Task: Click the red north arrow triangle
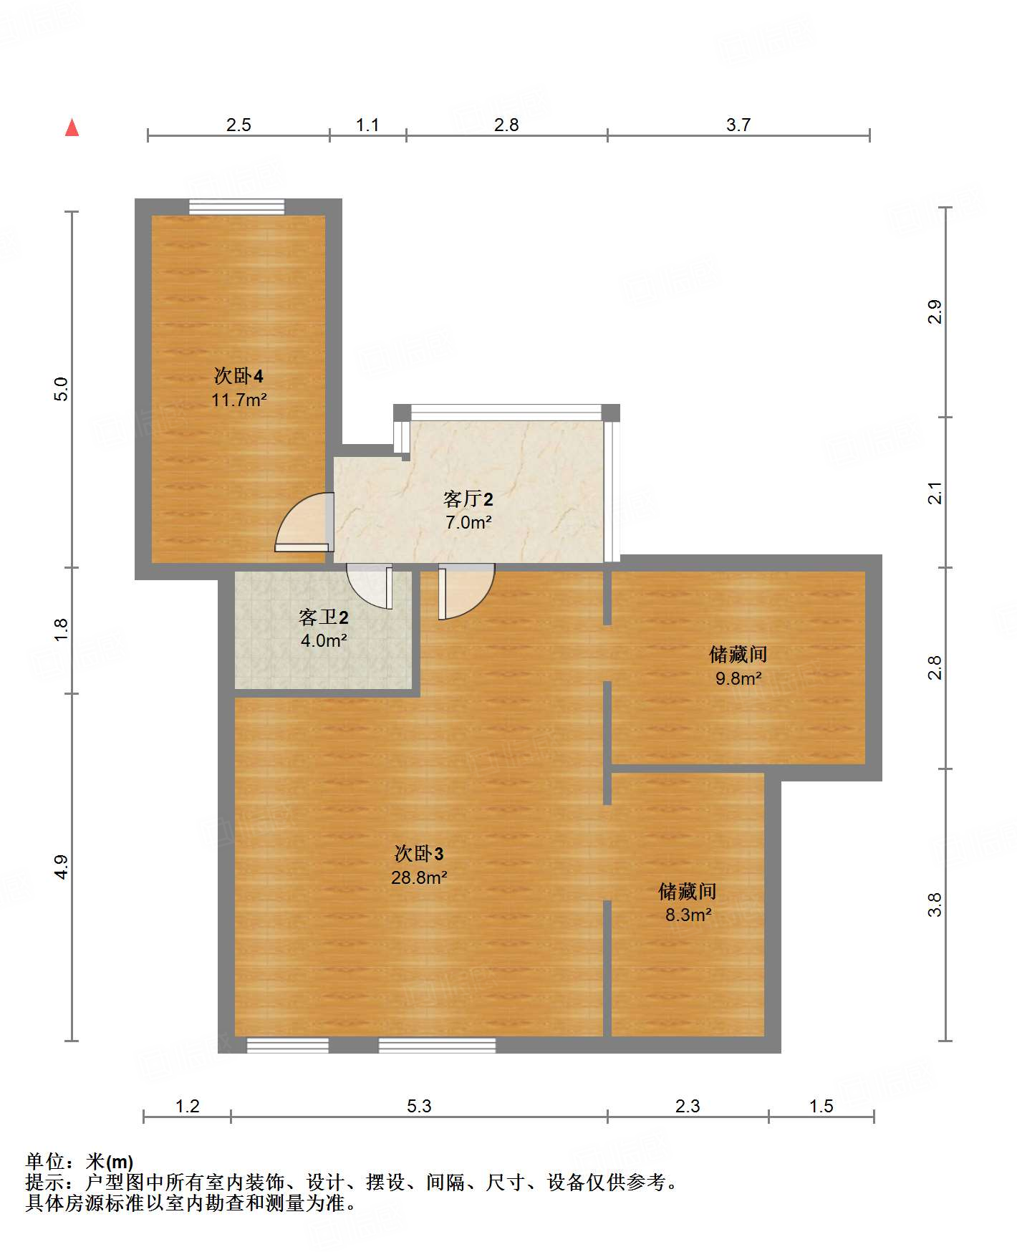click(72, 128)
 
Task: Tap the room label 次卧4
click(238, 375)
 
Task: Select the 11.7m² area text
click(238, 400)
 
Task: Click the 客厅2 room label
click(468, 499)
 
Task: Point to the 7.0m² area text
click(468, 522)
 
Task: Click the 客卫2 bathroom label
click(324, 617)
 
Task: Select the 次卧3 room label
click(419, 853)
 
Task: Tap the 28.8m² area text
click(419, 877)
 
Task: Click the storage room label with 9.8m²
click(738, 654)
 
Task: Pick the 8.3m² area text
click(688, 915)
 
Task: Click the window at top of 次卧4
click(236, 206)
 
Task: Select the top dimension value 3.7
click(738, 125)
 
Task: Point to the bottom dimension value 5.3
click(419, 1106)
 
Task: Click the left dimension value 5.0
click(62, 389)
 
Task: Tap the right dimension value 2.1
click(935, 493)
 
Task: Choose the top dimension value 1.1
click(367, 125)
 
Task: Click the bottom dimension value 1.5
click(821, 1106)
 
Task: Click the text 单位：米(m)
click(79, 1161)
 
